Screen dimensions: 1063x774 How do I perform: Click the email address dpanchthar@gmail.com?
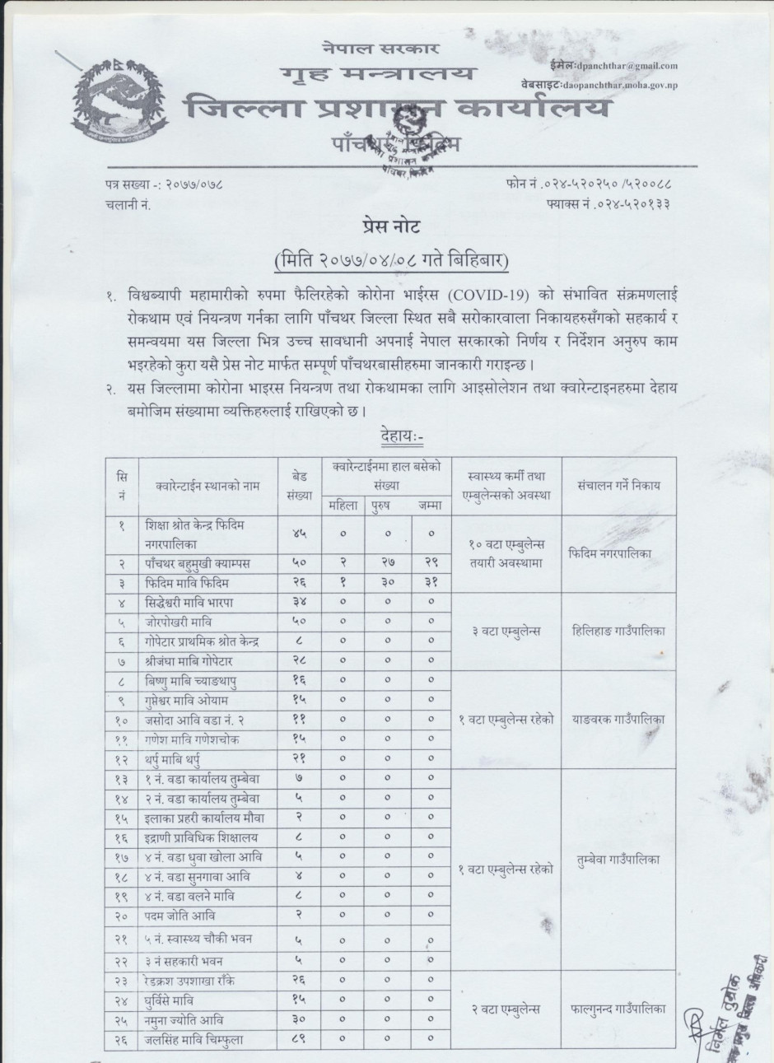[x=627, y=66]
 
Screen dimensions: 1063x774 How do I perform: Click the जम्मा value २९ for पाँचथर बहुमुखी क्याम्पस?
[x=431, y=563]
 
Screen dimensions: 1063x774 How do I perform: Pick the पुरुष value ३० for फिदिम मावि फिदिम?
[x=386, y=583]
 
